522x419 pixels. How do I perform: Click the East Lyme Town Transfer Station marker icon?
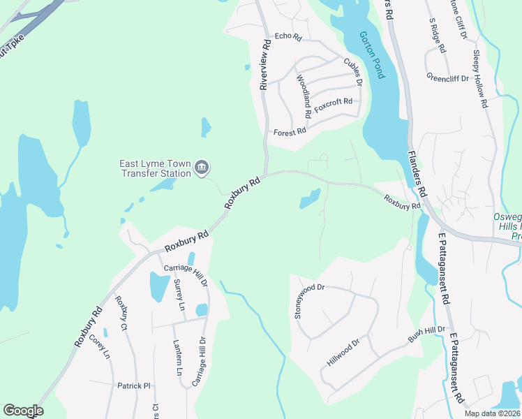pos(202,167)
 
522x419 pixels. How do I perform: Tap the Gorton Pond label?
pos(370,54)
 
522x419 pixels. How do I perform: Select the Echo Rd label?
pos(288,36)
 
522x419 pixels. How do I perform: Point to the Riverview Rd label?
pos(264,64)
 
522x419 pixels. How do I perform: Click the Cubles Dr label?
pos(353,72)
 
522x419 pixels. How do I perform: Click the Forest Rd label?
pos(290,132)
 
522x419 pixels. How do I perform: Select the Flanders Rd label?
pos(416,172)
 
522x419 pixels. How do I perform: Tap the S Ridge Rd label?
pos(437,36)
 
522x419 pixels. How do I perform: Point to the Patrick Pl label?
pos(133,385)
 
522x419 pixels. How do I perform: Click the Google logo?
pos(23,411)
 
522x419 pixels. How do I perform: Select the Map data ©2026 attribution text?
pos(492,413)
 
